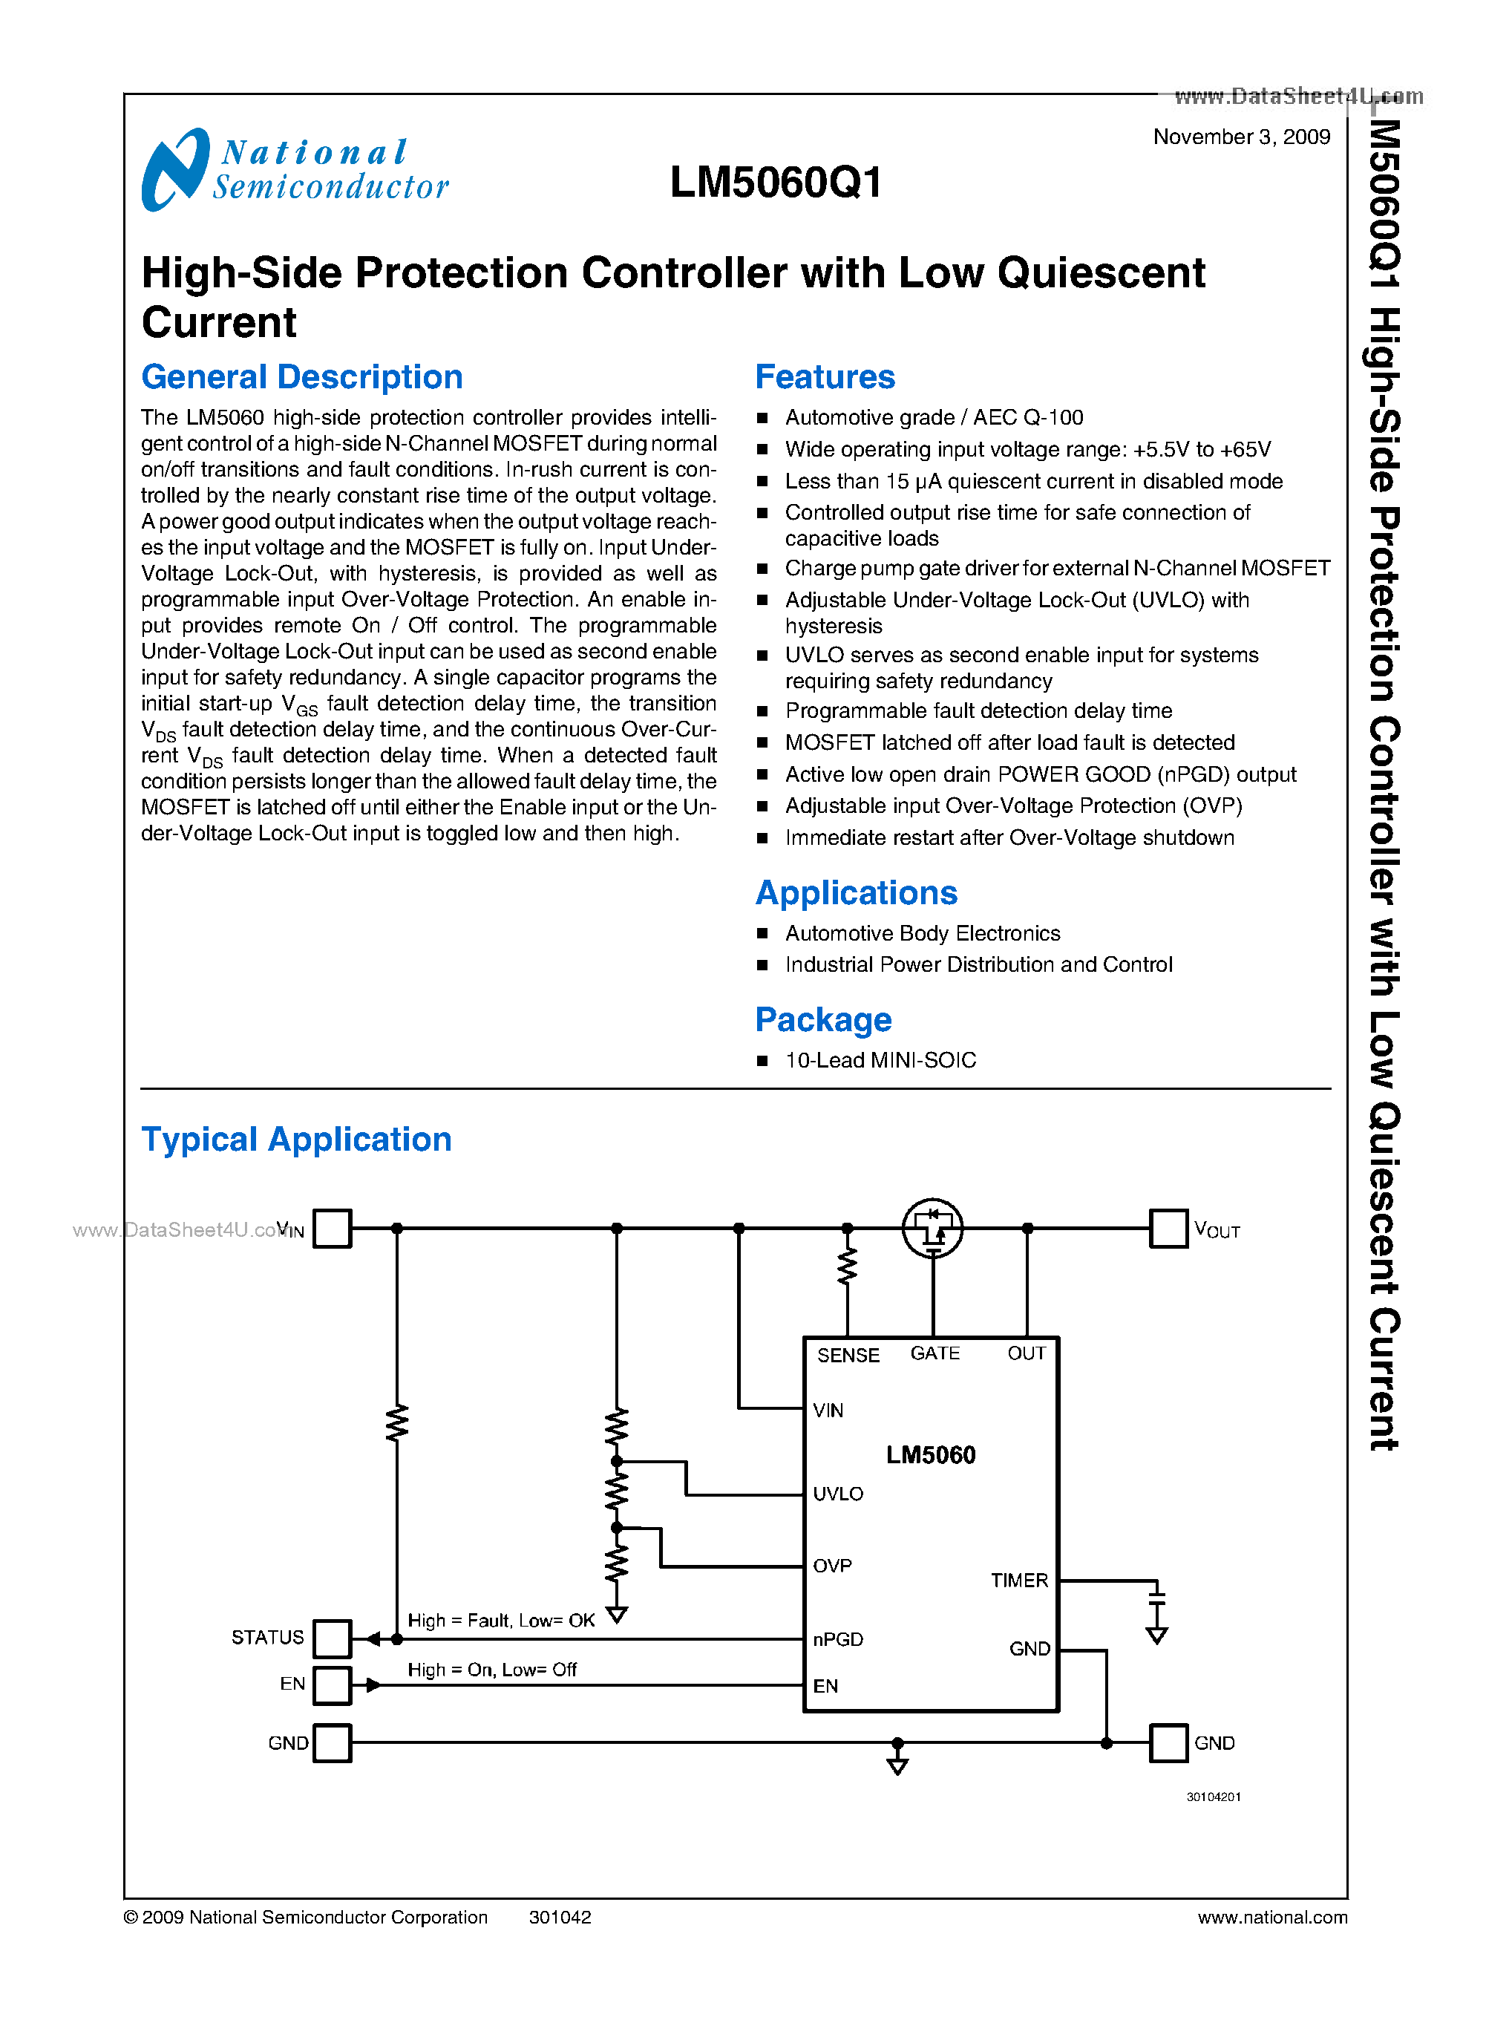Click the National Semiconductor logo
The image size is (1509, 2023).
(294, 170)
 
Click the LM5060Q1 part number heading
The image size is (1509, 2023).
(776, 183)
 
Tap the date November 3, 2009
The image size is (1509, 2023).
(1240, 137)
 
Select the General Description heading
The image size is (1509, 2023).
(301, 377)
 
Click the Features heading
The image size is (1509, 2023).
(824, 377)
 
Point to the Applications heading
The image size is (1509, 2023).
(856, 892)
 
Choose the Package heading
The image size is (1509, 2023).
(823, 1020)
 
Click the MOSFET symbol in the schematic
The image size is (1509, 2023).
(932, 1228)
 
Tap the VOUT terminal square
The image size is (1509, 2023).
(1168, 1228)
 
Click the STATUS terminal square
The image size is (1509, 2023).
(332, 1638)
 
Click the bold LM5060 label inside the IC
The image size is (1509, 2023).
(930, 1454)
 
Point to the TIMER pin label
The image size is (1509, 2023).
(1018, 1580)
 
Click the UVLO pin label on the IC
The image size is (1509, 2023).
(837, 1494)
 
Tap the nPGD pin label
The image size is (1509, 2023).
(837, 1639)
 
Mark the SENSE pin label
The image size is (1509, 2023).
(848, 1355)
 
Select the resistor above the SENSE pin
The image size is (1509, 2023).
(847, 1267)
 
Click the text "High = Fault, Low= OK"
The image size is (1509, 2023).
(500, 1620)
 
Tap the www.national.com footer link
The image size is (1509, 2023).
(1271, 1917)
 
